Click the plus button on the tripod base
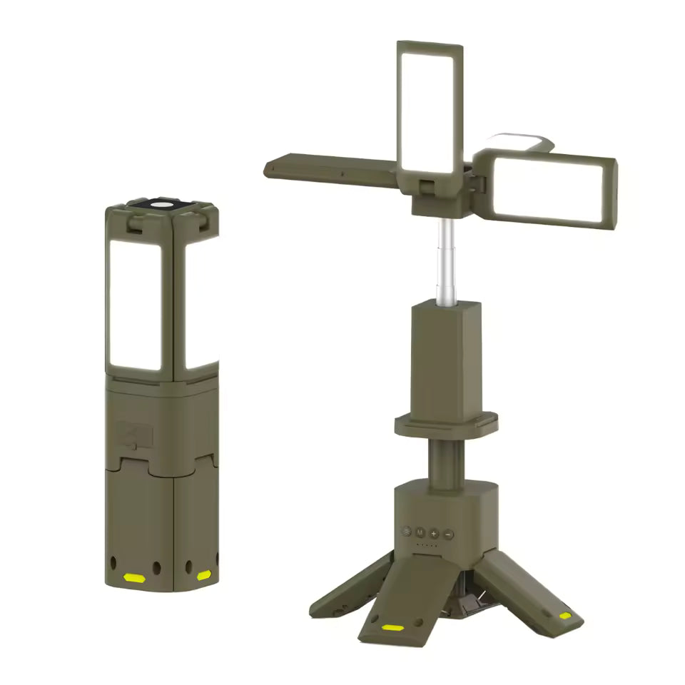coord(434,533)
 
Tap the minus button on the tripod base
coord(448,533)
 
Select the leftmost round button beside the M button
coord(407,532)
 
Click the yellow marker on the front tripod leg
coord(392,628)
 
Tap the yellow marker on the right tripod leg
coord(565,615)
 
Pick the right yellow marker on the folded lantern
coord(204,574)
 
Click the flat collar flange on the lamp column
coord(446,425)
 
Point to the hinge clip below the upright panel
coord(428,188)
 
